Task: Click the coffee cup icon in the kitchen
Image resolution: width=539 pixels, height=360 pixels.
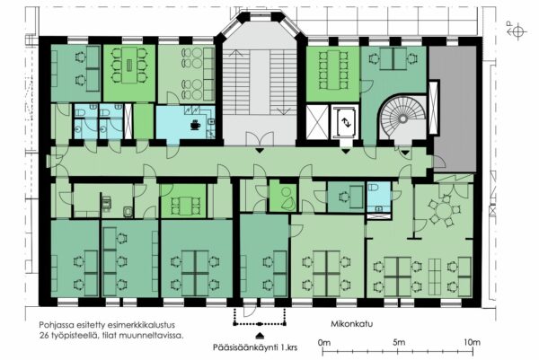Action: tap(195, 125)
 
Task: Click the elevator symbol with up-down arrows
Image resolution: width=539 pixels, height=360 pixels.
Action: tap(346, 123)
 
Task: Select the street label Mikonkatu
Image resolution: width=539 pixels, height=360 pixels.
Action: tap(351, 323)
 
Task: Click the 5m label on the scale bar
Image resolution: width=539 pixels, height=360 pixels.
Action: tap(399, 342)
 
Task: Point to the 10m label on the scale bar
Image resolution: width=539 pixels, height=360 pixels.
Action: tap(472, 342)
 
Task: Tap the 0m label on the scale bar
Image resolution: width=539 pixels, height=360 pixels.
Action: tap(323, 342)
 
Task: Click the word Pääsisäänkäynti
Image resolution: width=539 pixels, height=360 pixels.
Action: tap(244, 347)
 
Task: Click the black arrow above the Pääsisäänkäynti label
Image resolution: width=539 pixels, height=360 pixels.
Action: tap(261, 335)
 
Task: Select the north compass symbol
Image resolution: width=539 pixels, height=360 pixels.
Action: tap(517, 31)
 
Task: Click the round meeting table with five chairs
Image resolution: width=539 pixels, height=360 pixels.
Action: tap(444, 210)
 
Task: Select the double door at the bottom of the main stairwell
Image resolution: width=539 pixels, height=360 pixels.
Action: tap(260, 139)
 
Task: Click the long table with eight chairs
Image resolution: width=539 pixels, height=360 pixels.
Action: tap(332, 70)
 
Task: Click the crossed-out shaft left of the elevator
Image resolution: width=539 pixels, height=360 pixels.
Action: tap(317, 122)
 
